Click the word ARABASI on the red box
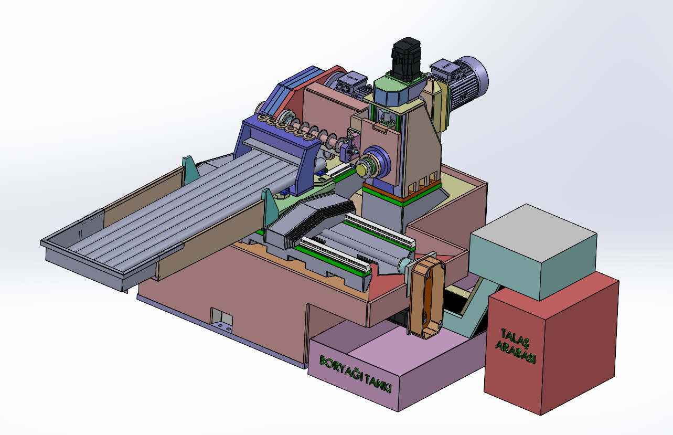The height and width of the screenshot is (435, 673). (x=516, y=352)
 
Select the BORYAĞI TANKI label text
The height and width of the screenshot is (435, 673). (x=356, y=374)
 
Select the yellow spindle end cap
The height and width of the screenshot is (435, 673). (x=363, y=170)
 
